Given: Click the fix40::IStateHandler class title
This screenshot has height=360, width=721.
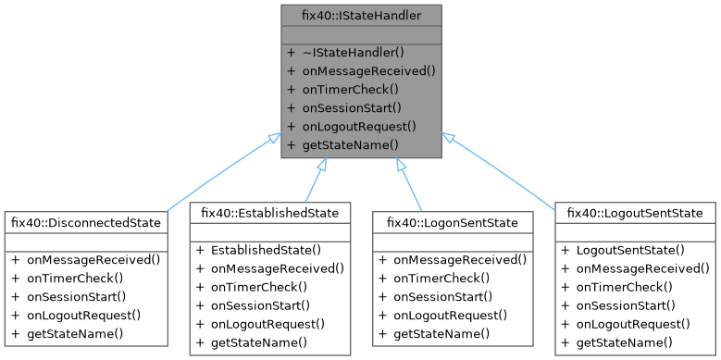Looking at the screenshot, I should click(361, 15).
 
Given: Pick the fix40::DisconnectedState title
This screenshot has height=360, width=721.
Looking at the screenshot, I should click(85, 222).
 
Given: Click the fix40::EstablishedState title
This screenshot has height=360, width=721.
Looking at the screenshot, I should click(270, 213).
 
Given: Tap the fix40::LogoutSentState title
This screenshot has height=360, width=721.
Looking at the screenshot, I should click(636, 213).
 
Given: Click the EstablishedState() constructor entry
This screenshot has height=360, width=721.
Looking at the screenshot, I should click(265, 250).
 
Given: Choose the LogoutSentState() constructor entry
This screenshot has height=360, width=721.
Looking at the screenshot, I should click(629, 250).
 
